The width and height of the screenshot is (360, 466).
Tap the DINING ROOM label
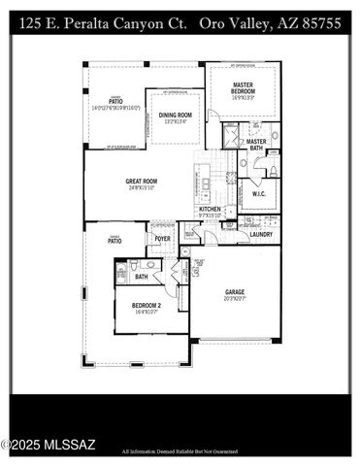tap(176, 116)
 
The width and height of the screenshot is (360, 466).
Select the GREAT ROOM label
tap(142, 181)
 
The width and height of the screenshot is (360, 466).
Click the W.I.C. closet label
tap(258, 192)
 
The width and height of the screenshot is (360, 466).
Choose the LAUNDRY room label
tap(261, 234)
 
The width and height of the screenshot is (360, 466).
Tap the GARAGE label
tap(235, 291)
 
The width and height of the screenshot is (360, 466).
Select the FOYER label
tap(162, 238)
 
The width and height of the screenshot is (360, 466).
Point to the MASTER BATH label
tap(256, 145)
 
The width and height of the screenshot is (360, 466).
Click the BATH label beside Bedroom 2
tap(142, 277)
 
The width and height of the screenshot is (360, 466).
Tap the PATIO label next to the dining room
tap(115, 100)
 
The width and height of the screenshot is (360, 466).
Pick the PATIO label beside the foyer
tap(115, 241)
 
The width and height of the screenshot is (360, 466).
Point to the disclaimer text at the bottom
tap(180, 451)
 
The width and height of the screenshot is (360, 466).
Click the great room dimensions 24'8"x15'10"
tap(142, 188)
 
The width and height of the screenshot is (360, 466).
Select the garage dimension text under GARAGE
tap(235, 299)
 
